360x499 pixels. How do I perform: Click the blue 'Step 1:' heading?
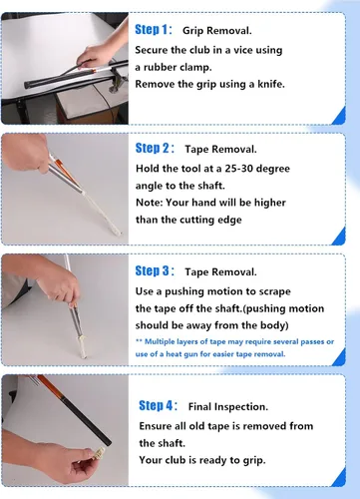pos(154,30)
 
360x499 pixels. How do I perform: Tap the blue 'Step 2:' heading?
pos(155,148)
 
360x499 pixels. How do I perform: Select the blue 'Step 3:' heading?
pos(155,270)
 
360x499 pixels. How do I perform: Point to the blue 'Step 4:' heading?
pos(158,405)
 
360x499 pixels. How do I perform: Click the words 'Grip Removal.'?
pos(217,31)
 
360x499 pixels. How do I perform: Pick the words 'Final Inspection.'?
pos(228,406)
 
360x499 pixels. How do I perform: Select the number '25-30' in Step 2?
pos(238,169)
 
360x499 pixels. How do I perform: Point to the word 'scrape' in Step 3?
pos(275,291)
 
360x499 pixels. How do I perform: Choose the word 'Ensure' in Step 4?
pos(154,426)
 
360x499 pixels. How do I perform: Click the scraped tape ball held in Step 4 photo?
pos(99,453)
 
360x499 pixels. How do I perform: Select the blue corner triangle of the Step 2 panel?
pos(339,236)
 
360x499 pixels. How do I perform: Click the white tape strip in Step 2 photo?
pos(102,213)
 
